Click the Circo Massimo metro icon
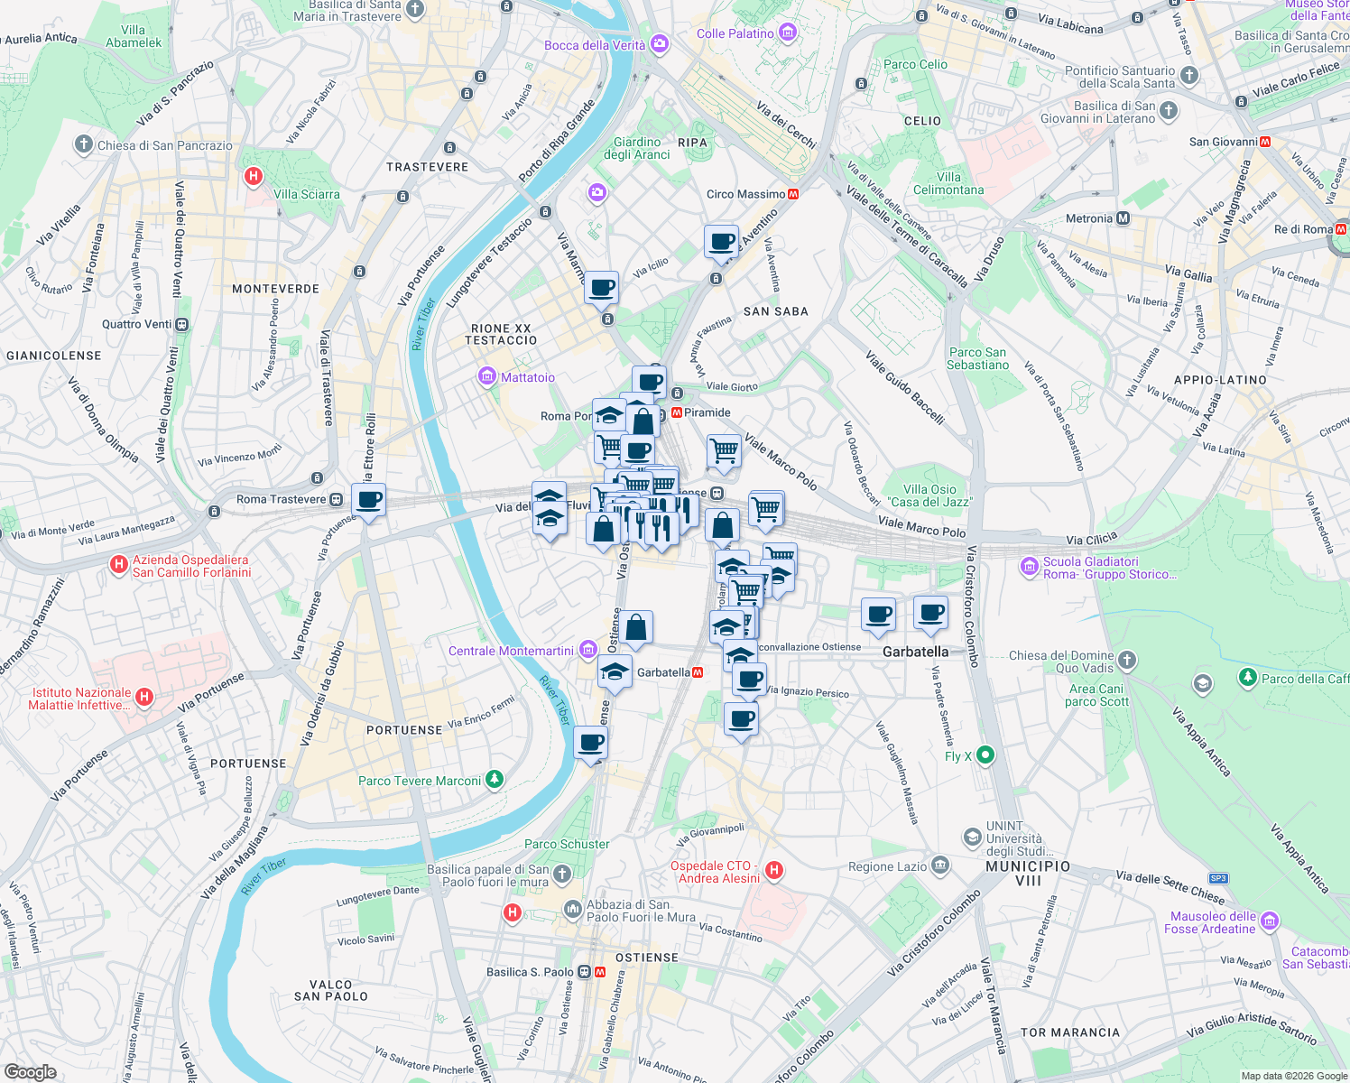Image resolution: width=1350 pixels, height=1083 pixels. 793,194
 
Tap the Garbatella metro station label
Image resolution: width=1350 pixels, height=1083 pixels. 663,672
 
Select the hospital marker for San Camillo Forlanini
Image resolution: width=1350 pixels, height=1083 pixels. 118,565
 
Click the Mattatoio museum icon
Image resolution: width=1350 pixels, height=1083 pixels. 487,376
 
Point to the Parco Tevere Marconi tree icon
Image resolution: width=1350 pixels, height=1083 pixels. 494,779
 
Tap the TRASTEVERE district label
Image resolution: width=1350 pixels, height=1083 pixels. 427,167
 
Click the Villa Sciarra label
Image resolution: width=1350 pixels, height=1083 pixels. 307,194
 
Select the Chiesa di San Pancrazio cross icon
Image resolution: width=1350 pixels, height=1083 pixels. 84,144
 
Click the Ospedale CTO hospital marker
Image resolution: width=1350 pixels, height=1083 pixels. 773,871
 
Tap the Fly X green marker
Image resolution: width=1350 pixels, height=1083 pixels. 985,755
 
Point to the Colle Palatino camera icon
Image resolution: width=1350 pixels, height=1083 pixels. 788,33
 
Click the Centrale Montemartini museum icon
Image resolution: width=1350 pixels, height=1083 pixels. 588,650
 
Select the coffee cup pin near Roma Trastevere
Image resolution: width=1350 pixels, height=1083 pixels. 368,500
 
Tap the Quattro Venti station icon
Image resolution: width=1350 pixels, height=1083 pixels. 182,324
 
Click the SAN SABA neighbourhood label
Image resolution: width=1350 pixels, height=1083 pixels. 775,311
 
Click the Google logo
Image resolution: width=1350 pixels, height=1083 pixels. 31,1071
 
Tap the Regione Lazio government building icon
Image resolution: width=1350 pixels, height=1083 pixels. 940,865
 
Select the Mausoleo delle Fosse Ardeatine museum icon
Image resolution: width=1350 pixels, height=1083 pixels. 1270,921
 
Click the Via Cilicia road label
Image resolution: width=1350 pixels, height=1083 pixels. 1091,540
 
